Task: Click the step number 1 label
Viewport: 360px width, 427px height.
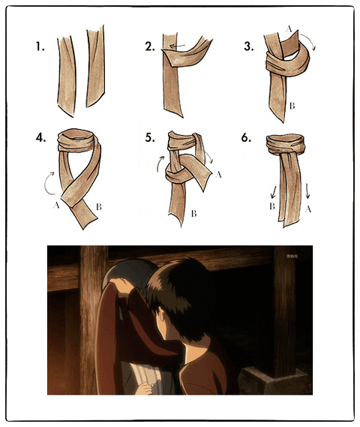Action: click(40, 47)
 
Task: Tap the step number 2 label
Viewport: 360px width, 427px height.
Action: click(150, 47)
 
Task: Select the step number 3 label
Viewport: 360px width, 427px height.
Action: click(249, 47)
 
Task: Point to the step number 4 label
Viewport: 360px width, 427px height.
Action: click(40, 138)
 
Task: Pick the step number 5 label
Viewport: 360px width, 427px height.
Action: click(150, 138)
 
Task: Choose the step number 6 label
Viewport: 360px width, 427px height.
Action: click(246, 138)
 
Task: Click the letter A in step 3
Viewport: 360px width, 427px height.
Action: click(289, 29)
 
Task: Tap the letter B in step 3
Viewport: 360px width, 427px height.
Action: click(292, 106)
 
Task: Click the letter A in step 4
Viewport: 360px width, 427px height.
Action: click(56, 206)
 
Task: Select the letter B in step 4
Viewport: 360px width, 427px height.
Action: click(99, 207)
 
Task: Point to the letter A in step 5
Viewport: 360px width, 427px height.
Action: click(218, 175)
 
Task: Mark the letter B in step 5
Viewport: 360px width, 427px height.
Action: click(193, 214)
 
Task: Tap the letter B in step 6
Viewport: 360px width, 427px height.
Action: click(272, 206)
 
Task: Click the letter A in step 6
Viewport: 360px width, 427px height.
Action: click(308, 209)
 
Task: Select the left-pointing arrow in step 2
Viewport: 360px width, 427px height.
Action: click(177, 47)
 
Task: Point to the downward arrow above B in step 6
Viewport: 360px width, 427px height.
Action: click(274, 192)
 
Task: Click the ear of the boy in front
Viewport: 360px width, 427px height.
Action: click(161, 317)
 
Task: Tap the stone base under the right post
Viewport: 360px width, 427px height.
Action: click(274, 380)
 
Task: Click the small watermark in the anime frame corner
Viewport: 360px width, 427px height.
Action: click(292, 256)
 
